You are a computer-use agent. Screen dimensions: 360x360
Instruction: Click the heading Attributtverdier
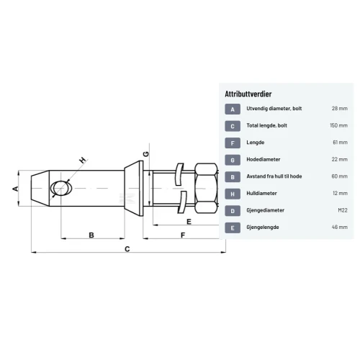click(248, 94)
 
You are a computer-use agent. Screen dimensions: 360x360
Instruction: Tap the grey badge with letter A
click(233, 109)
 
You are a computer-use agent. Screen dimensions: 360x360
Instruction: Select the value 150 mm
click(338, 125)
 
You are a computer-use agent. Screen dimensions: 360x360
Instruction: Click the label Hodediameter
click(264, 159)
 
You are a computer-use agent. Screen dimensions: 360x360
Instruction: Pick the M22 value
click(343, 210)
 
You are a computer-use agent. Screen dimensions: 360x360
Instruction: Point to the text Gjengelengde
click(263, 228)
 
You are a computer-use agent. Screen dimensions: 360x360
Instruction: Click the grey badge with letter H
click(233, 194)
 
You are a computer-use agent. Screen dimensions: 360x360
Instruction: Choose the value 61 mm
click(340, 143)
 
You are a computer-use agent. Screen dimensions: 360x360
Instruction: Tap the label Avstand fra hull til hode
click(274, 176)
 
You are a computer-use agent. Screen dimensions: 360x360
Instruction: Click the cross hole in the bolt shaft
click(60, 188)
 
